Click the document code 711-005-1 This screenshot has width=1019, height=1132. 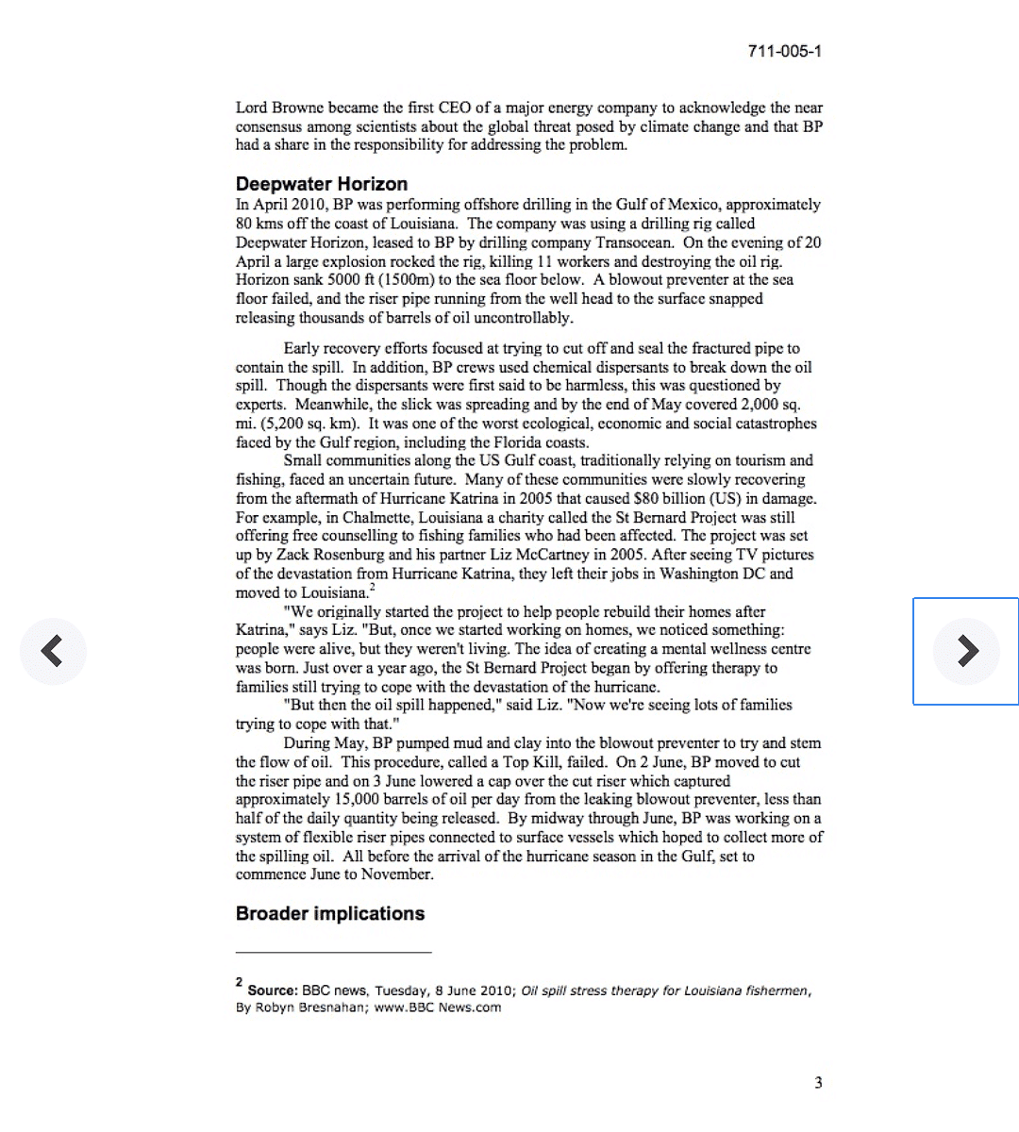tap(784, 51)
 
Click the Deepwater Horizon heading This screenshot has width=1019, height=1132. tap(322, 184)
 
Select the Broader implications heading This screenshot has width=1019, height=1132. tap(330, 913)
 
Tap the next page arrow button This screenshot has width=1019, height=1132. tap(966, 651)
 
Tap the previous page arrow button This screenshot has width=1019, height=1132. tap(53, 651)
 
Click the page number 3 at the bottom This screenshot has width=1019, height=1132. tap(818, 1083)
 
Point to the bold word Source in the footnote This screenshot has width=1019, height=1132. tap(272, 990)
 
